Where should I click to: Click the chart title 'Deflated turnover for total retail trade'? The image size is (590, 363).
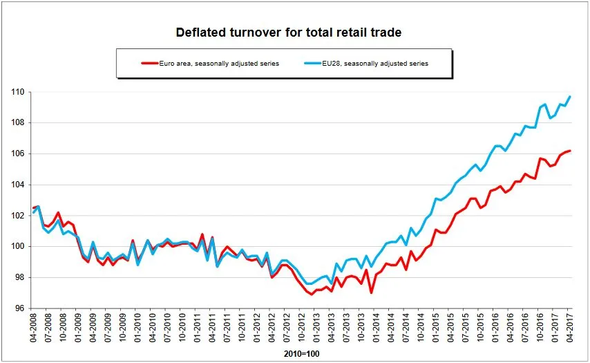pos(289,32)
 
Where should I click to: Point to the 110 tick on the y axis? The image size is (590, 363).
pos(17,92)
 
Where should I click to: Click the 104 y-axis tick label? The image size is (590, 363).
pos(17,185)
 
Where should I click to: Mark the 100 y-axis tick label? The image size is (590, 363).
pos(17,246)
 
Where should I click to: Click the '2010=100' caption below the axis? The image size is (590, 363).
pos(301,354)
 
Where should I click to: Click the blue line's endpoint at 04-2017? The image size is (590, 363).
pos(570,96)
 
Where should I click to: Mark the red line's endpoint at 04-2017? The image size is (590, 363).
pos(570,151)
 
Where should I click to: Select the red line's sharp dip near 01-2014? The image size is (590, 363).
pos(371,292)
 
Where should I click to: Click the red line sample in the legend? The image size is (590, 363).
pos(151,64)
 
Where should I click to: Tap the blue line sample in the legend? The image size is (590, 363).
pos(312,64)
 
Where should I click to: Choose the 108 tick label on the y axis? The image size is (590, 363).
pos(17,123)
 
